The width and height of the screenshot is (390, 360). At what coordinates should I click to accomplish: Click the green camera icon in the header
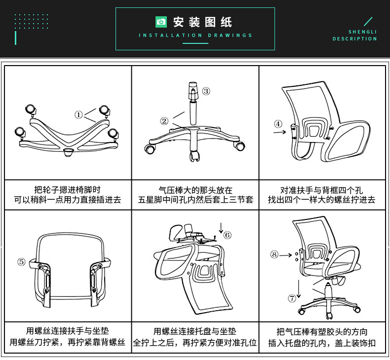(161, 22)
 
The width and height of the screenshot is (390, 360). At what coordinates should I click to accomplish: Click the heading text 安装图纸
(202, 22)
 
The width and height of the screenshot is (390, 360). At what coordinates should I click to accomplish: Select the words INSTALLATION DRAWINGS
(195, 36)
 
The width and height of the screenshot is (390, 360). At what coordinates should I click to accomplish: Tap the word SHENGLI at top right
(362, 32)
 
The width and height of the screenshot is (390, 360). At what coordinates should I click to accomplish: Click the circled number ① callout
(78, 114)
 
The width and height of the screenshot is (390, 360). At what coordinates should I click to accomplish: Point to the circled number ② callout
(164, 121)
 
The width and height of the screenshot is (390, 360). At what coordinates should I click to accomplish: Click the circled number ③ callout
(206, 91)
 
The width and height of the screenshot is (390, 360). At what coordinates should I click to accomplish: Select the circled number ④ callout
(278, 124)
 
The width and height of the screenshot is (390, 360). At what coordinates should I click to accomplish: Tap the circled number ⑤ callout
(21, 262)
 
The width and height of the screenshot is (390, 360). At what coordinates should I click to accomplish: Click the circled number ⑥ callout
(227, 235)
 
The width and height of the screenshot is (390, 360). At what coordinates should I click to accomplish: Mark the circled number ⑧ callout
(274, 254)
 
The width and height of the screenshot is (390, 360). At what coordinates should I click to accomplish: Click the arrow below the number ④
(279, 132)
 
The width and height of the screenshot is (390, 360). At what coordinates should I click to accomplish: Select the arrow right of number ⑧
(287, 255)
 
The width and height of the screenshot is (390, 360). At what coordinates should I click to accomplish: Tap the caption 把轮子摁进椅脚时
(68, 189)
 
